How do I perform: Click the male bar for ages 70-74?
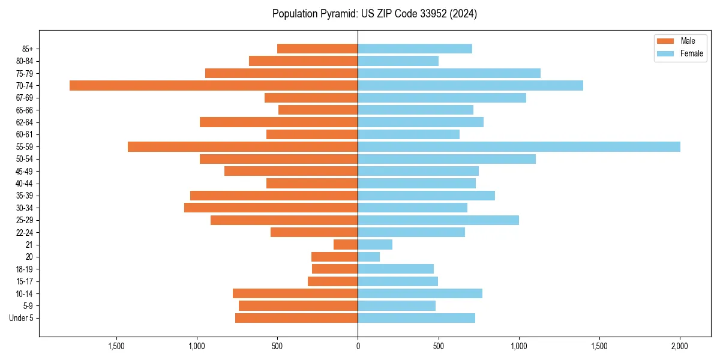point(214,85)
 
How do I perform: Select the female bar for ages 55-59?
point(519,146)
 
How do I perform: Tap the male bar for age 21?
point(346,244)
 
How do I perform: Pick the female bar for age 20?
point(369,257)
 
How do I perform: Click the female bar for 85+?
point(415,49)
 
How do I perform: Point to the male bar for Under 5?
point(296,318)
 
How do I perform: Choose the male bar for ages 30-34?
point(271,208)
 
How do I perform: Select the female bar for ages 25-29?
point(438,220)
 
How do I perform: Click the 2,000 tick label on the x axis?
point(679,346)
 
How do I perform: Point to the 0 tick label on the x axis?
point(358,346)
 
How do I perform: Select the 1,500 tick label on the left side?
point(116,346)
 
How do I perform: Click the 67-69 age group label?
point(25,98)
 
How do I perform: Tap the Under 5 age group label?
point(21,318)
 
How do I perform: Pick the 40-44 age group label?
point(25,184)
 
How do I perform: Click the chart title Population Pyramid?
point(374,14)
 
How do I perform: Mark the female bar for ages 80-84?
point(398,61)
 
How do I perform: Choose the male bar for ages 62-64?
point(278,122)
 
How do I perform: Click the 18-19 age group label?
point(25,269)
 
